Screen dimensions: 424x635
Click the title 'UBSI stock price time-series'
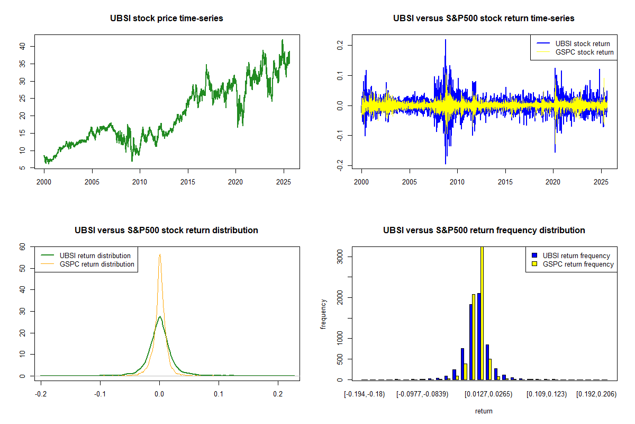point(166,19)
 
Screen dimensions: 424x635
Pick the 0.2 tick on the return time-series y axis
point(341,46)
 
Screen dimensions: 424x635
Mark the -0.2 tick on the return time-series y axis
point(341,166)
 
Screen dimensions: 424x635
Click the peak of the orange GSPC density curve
point(159,255)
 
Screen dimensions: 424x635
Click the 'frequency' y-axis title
point(324,314)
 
